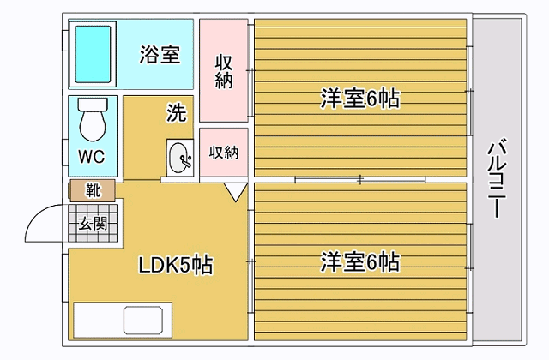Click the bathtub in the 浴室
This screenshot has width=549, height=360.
pyautogui.click(x=93, y=54)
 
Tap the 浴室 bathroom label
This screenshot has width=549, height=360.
pyautogui.click(x=160, y=54)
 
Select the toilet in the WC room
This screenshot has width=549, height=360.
pyautogui.click(x=93, y=119)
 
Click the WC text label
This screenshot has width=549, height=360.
pyautogui.click(x=92, y=156)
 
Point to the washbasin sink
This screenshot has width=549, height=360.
pyautogui.click(x=180, y=158)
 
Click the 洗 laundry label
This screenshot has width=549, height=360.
pyautogui.click(x=176, y=112)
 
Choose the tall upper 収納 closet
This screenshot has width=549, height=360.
pyautogui.click(x=224, y=70)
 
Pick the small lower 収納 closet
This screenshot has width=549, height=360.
pyautogui.click(x=224, y=153)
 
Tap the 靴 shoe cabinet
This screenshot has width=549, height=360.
pyautogui.click(x=93, y=190)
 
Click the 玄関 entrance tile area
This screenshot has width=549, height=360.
pyautogui.click(x=93, y=223)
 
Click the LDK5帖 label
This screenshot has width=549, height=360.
pyautogui.click(x=176, y=265)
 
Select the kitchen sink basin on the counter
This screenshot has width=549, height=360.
pyautogui.click(x=143, y=320)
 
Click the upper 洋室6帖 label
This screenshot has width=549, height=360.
pyautogui.click(x=360, y=99)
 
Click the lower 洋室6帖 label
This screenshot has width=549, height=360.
pyautogui.click(x=360, y=261)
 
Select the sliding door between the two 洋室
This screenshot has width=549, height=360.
pyautogui.click(x=360, y=180)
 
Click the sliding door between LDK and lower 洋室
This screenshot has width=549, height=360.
pyautogui.click(x=250, y=261)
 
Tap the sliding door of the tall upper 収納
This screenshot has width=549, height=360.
pyautogui.click(x=250, y=70)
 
